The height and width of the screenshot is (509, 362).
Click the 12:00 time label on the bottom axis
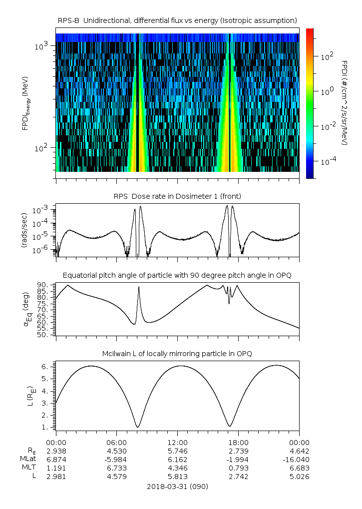click(x=177, y=443)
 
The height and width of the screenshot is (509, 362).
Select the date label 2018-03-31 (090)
click(x=177, y=486)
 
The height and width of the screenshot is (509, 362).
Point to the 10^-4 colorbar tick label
click(x=328, y=162)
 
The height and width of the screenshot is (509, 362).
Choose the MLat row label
click(x=28, y=459)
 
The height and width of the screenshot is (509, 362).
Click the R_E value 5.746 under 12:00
click(x=177, y=451)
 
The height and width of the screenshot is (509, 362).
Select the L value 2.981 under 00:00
click(x=56, y=477)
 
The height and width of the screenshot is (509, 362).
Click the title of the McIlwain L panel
click(x=177, y=354)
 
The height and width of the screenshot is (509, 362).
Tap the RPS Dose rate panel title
click(x=177, y=196)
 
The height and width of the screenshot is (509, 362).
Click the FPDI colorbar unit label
click(x=345, y=102)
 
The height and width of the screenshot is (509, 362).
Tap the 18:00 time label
click(x=238, y=443)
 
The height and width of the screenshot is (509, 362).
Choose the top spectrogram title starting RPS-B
click(x=177, y=20)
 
